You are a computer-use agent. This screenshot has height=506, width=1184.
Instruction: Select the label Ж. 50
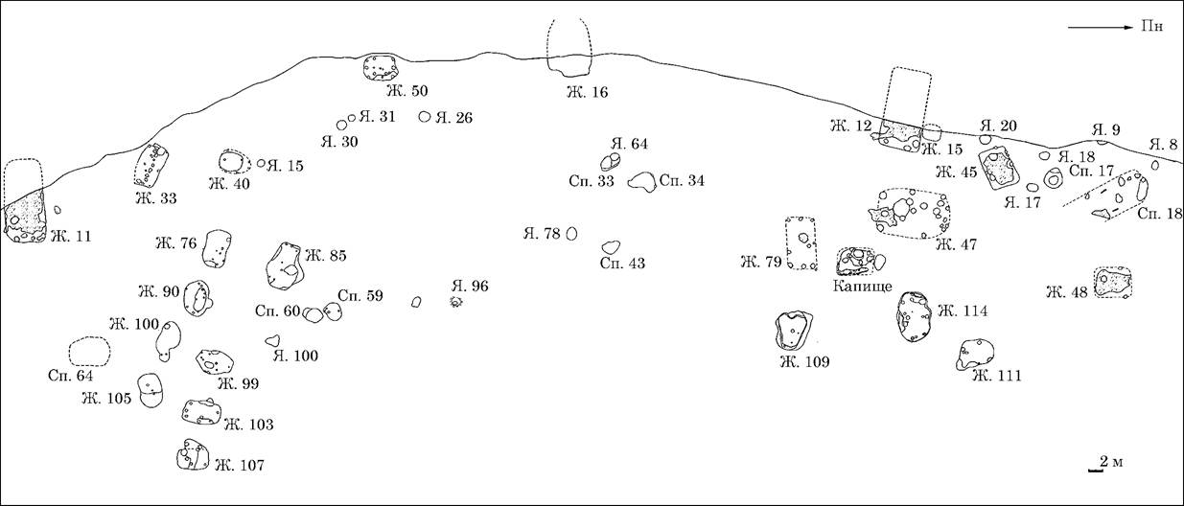[407, 91]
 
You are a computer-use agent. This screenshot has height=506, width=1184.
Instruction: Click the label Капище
[862, 287]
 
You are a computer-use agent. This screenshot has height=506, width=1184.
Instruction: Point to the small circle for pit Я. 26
[424, 117]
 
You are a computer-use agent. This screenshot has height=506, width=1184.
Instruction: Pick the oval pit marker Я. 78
[571, 234]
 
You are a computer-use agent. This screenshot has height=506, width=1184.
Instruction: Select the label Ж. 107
[240, 466]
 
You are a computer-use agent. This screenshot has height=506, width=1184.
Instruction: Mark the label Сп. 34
[682, 180]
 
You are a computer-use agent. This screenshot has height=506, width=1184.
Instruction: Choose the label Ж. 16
[588, 92]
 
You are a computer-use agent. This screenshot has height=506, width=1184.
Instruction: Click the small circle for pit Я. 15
[261, 163]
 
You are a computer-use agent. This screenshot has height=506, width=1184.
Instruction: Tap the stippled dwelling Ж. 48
[1112, 283]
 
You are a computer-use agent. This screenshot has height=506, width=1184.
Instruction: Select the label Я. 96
[470, 287]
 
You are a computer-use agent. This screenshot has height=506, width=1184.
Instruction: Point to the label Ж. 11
[71, 236]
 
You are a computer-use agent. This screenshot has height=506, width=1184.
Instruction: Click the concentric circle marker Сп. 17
[1053, 179]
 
